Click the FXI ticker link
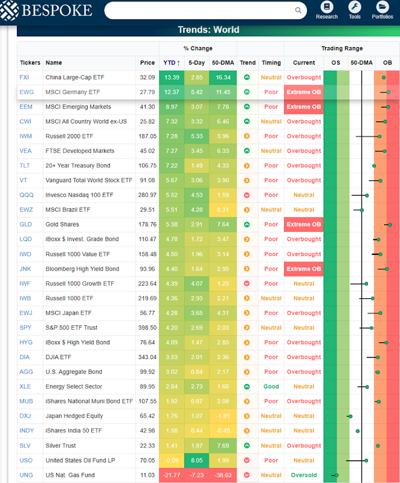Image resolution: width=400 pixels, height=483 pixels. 24,77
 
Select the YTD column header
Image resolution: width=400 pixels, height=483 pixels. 172,63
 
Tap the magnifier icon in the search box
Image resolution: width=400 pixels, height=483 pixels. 298,10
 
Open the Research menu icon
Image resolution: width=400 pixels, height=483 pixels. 327,7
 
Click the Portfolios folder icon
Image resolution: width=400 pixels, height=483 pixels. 382,7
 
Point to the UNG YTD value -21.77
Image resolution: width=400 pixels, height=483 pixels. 172,475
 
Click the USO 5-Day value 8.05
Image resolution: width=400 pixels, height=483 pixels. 196,460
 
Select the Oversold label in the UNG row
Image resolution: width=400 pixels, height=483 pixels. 303,475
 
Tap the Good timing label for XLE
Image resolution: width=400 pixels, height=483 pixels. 271,386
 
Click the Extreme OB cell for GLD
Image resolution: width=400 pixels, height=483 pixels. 303,225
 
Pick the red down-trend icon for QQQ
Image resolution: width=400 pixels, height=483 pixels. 247,195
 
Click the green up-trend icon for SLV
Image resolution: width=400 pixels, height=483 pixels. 247,446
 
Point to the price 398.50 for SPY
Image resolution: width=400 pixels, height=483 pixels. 147,328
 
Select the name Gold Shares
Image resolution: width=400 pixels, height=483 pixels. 62,225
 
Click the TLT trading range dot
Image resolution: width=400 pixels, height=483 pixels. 374,166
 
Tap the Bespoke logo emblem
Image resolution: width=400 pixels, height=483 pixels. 9,10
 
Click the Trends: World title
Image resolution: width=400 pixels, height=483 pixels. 208,30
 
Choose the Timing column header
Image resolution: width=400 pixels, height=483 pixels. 271,63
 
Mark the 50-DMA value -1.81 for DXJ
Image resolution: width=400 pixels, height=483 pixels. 223,416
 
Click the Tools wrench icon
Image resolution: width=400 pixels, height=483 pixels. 355,7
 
